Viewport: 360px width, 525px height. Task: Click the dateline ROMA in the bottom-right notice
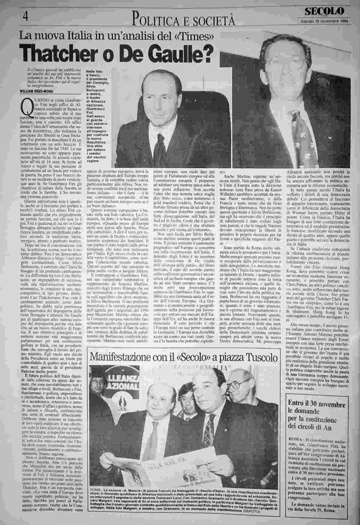(x=295, y=439)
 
